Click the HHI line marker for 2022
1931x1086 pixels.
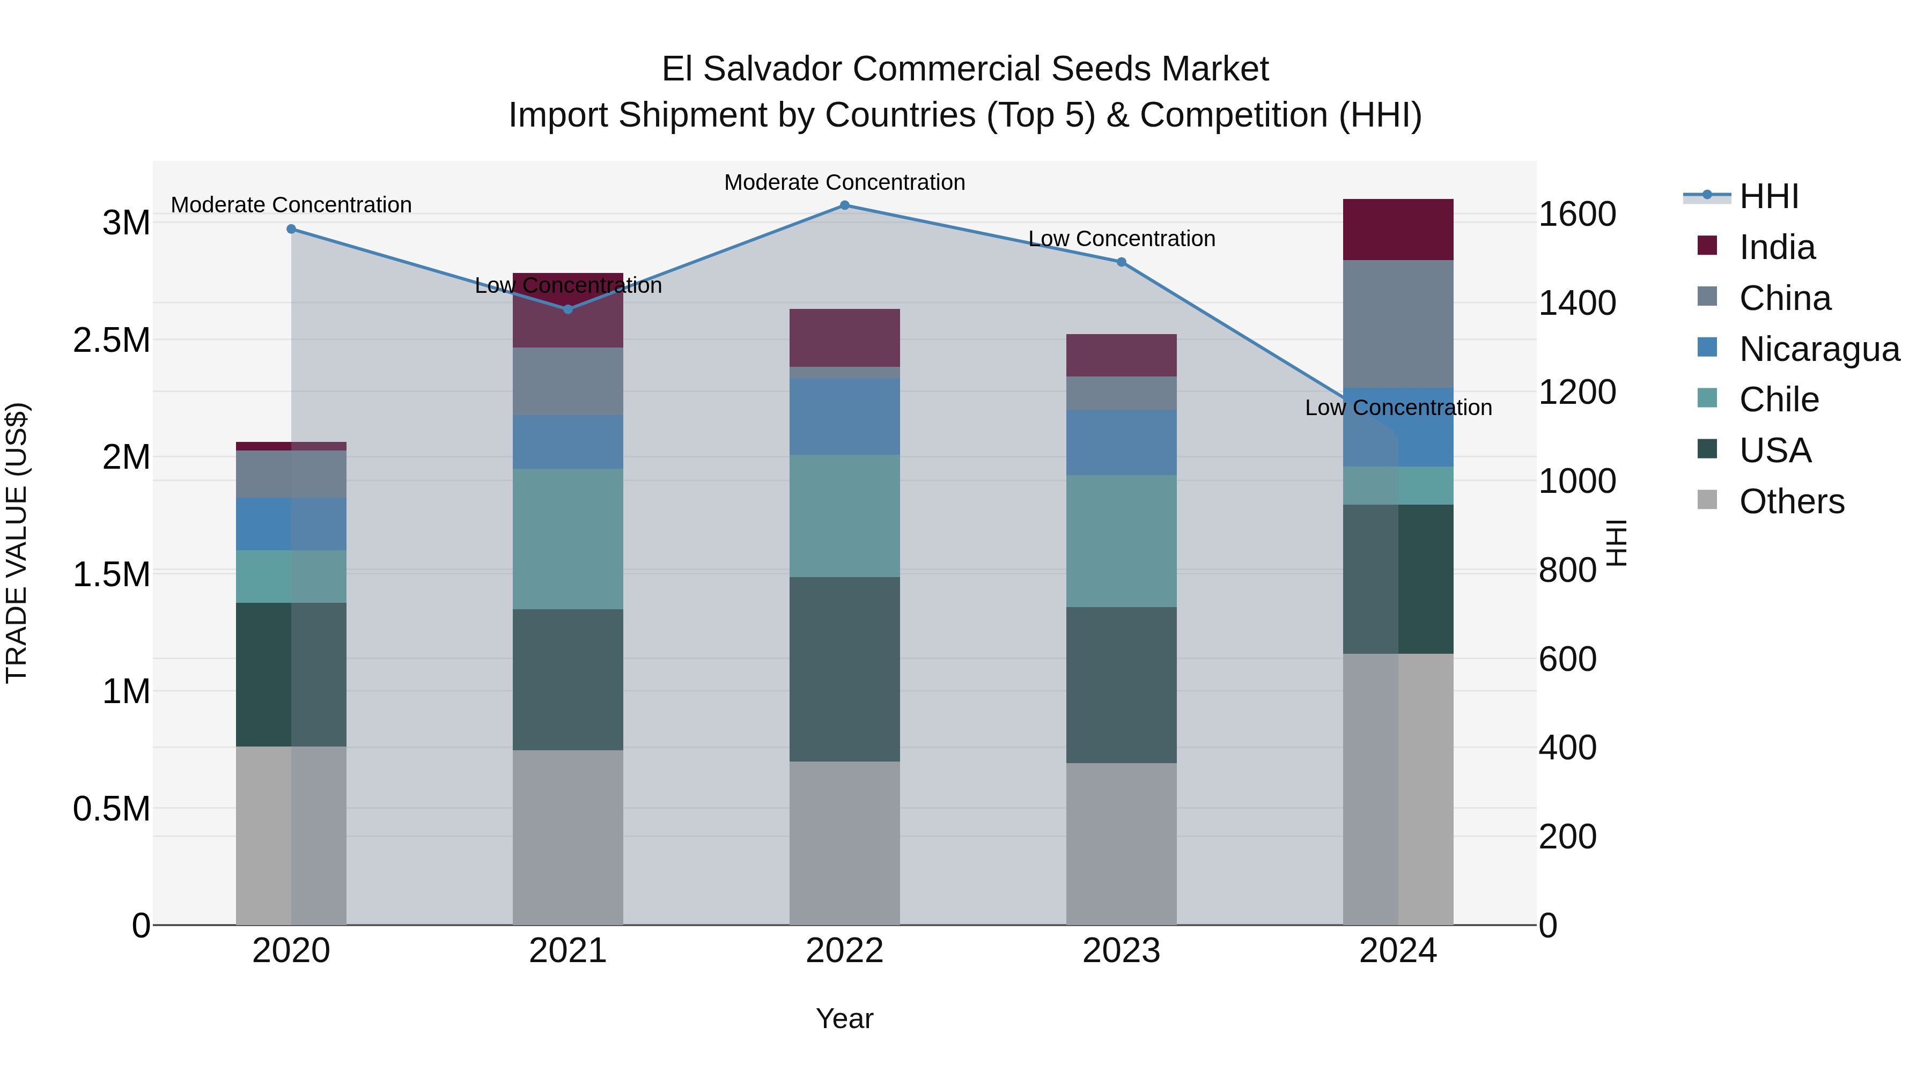(844, 205)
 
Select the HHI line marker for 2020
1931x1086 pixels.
(292, 230)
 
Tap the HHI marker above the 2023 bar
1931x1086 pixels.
(1122, 262)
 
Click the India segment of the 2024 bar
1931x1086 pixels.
(1398, 230)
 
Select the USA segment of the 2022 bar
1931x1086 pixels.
(844, 669)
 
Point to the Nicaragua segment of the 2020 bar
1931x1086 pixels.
(292, 524)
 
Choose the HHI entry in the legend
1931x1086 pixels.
(1768, 196)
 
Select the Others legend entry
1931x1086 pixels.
(1791, 501)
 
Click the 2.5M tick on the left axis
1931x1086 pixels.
(112, 340)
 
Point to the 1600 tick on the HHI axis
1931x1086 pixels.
(1577, 215)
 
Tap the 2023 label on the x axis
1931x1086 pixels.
(1122, 951)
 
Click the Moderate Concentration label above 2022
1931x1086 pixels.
(844, 182)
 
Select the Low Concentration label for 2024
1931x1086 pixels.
(1398, 408)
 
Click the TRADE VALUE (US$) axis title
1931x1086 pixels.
(17, 543)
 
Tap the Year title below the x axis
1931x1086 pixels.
(844, 1018)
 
